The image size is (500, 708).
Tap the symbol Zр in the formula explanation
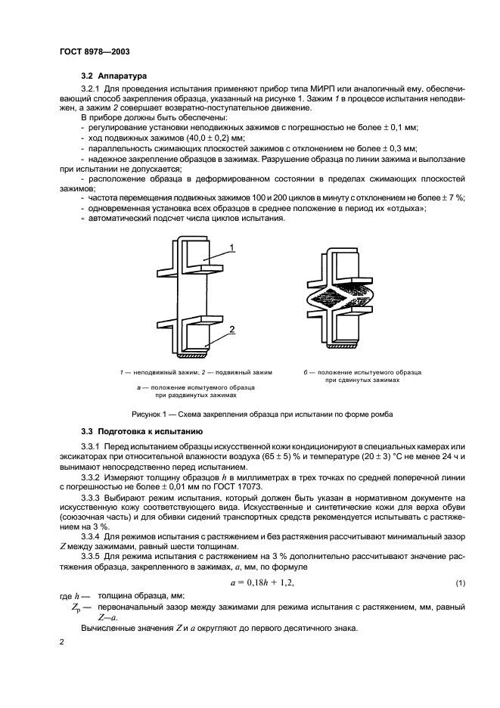tap(76, 607)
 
